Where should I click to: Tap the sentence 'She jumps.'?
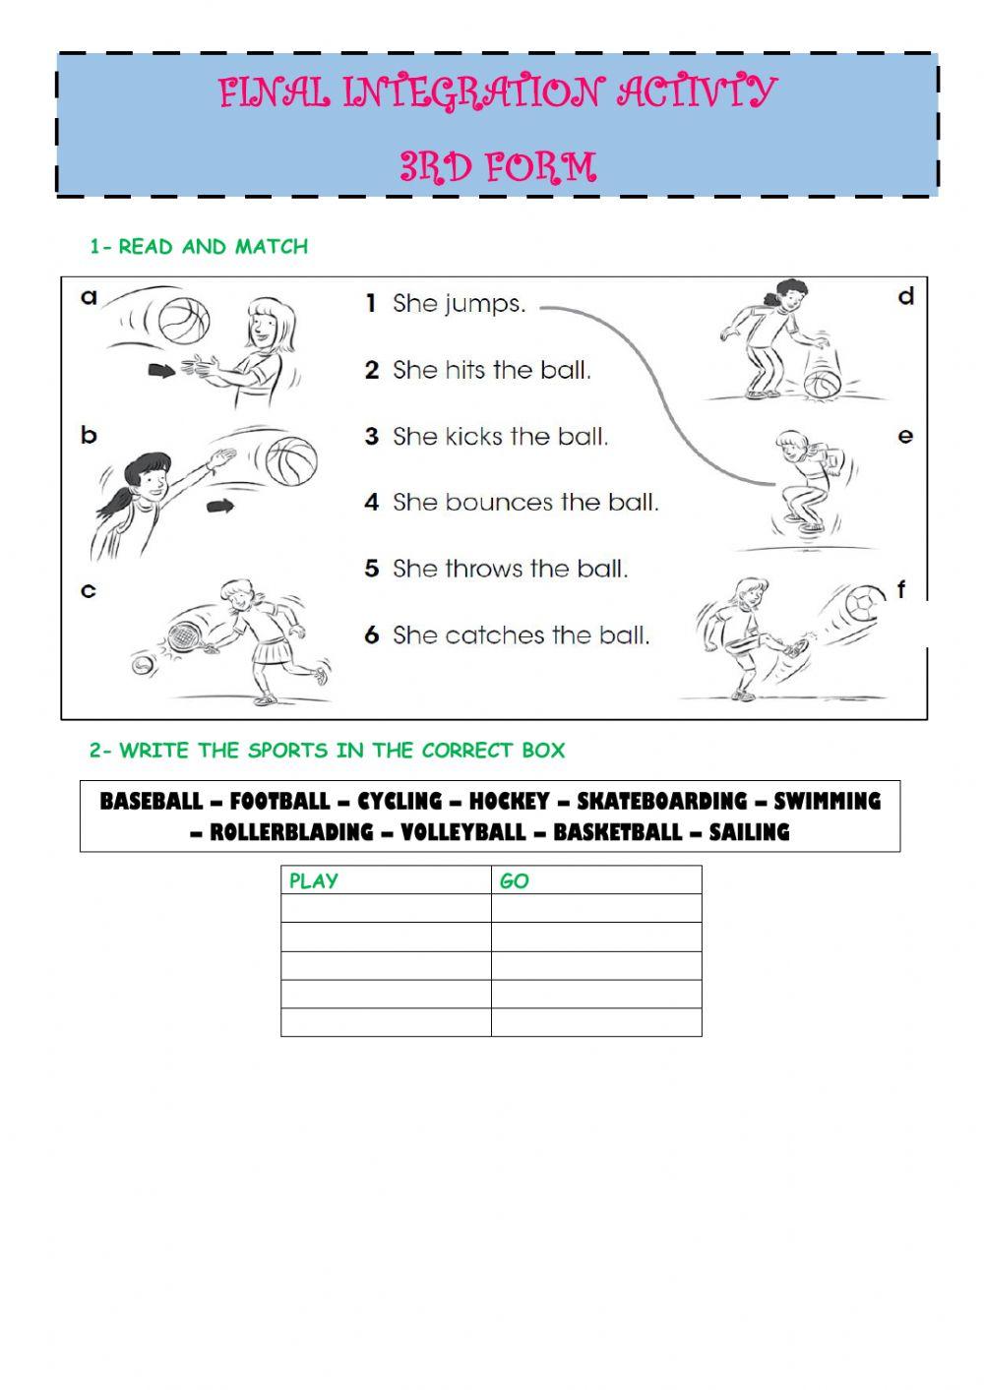[459, 304]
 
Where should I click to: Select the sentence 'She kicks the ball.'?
[500, 437]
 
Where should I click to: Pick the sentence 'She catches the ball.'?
[521, 635]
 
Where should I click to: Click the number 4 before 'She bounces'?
[371, 503]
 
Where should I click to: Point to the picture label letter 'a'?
[90, 296]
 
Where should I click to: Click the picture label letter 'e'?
[905, 436]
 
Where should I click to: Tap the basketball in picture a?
[184, 322]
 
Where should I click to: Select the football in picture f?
[867, 603]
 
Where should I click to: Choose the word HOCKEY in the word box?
[508, 802]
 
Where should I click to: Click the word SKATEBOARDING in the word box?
[661, 802]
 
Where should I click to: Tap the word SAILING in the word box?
[749, 833]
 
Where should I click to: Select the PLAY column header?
[314, 881]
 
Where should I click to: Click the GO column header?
[515, 881]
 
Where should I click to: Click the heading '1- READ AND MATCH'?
[199, 247]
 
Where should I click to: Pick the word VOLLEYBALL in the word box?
[463, 833]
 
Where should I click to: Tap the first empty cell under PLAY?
[386, 908]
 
